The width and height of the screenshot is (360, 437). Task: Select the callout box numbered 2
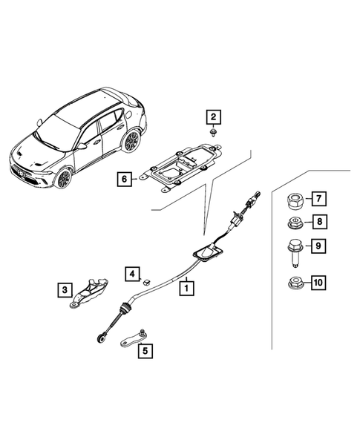213,116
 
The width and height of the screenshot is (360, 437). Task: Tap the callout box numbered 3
65,288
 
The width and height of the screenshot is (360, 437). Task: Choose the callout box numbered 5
145,352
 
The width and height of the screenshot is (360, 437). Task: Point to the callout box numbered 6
124,178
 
